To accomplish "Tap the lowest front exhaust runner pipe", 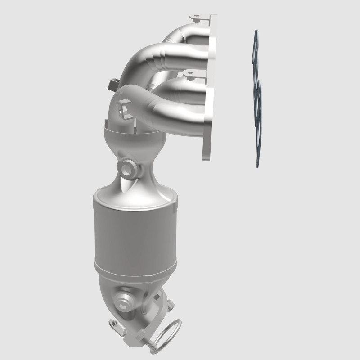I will click(175, 101).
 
